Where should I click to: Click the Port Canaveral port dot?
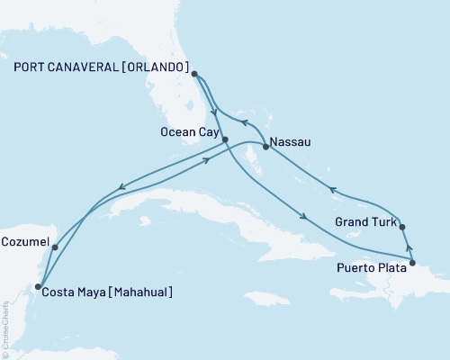click(194, 76)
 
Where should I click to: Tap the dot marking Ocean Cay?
click(225, 139)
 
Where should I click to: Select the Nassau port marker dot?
click(265, 146)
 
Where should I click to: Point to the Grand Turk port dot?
click(401, 227)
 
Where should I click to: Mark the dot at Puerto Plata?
click(412, 263)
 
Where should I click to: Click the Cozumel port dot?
click(55, 247)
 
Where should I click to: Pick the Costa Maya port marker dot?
click(38, 287)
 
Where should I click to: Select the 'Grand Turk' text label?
click(363, 220)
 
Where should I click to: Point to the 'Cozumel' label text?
click(24, 242)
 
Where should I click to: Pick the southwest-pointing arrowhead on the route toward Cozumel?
click(120, 188)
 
